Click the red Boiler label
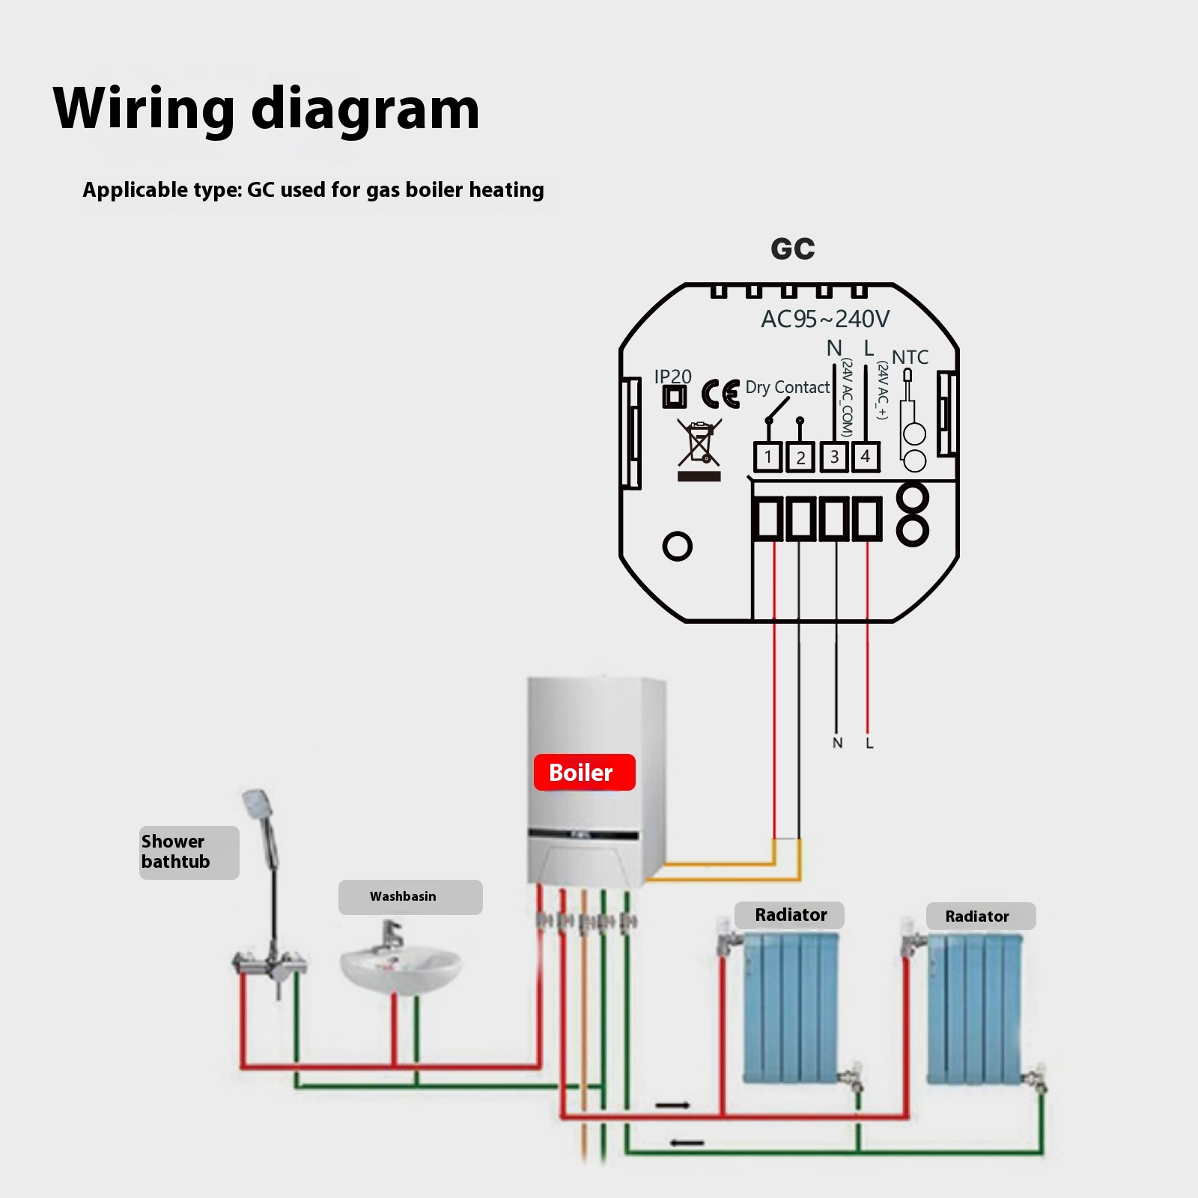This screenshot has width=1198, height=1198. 584,773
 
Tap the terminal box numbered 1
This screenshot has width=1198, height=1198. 767,457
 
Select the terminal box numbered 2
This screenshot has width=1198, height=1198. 800,457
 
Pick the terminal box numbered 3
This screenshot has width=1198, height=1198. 834,457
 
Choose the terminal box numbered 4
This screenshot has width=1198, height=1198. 866,456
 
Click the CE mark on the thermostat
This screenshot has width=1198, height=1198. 720,394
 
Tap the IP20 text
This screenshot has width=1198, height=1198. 672,377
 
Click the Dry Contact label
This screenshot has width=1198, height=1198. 787,387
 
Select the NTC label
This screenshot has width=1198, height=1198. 910,357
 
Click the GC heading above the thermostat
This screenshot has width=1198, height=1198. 793,249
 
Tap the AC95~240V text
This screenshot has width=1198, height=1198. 825,319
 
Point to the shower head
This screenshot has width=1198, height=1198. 257,804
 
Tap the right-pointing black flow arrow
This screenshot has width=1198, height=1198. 672,1105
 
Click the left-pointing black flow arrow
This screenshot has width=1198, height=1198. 687,1143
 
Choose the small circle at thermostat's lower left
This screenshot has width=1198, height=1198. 677,546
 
